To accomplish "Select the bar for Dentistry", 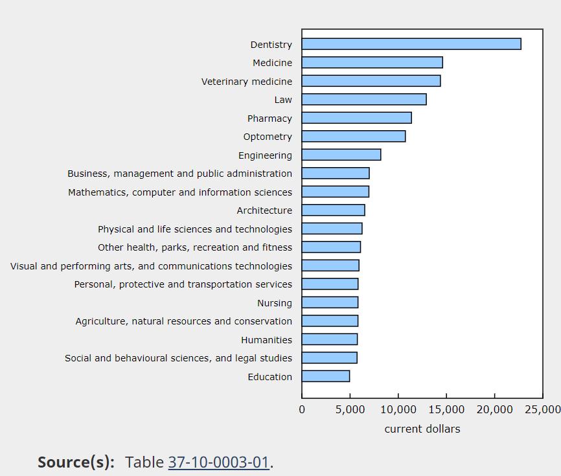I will (x=411, y=44).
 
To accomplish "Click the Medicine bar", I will (x=372, y=62).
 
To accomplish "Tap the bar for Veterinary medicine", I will (x=371, y=81).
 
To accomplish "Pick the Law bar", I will (x=364, y=99).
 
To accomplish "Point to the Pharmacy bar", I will (x=357, y=118).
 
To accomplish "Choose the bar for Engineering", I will (x=341, y=155).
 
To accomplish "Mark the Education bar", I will (x=326, y=376).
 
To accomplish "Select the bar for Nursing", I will (x=330, y=302).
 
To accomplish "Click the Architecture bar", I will (x=334, y=210).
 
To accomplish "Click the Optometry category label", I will (x=268, y=137).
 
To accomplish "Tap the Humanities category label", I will (x=266, y=340).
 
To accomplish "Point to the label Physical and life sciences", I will (x=195, y=229).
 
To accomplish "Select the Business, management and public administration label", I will (x=179, y=174).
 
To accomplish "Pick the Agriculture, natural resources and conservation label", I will (x=183, y=321).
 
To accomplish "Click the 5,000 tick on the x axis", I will (x=350, y=409).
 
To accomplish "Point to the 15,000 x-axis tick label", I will (x=446, y=409).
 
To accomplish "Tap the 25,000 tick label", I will (x=542, y=409).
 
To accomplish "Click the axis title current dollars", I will (x=422, y=429).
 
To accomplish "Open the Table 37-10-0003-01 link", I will (x=218, y=462).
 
